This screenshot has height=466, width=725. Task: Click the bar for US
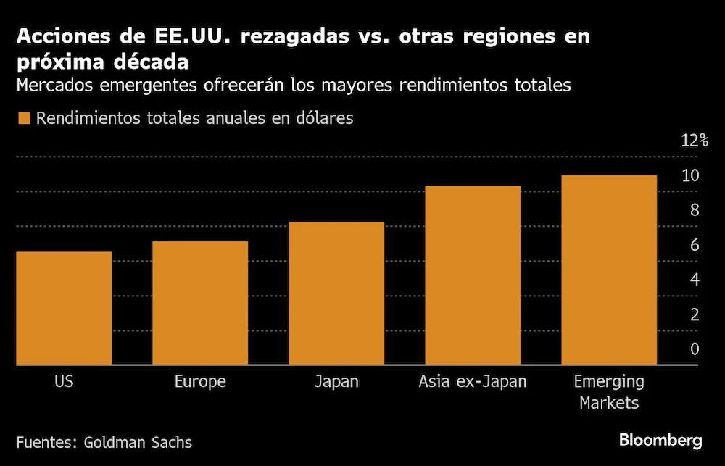coord(64,308)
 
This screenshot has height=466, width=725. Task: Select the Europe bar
coord(200,303)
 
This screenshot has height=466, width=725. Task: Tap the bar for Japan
coord(336,294)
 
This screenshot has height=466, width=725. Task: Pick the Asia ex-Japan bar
coord(473,275)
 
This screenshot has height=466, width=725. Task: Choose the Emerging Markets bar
coord(609,270)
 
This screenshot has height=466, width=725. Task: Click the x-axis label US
coord(64,382)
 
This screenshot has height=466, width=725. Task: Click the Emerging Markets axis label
coord(609,393)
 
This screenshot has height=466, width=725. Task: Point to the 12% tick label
coord(695,141)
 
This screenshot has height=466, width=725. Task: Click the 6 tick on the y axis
coord(695,245)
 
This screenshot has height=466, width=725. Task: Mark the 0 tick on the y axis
coord(695,349)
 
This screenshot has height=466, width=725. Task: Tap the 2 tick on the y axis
coord(695,315)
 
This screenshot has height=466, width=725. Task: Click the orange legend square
coord(24,118)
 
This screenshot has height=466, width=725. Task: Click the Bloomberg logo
coord(660,440)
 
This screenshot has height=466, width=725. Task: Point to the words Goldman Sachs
coord(138,442)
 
